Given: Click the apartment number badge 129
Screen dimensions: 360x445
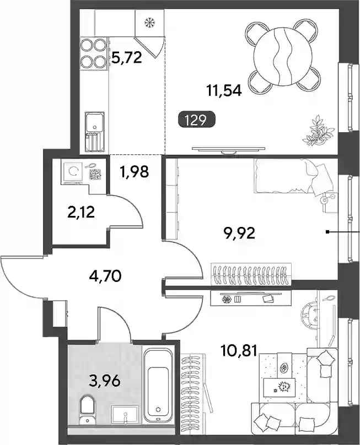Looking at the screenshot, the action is pos(197,119).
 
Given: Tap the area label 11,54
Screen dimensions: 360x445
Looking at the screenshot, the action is pos(224,91).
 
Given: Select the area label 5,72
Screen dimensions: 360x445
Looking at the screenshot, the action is pos(126,58).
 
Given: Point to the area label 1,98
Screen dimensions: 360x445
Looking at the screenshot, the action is pos(134,172).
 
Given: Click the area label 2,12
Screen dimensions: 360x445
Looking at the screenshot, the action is pos(81,212).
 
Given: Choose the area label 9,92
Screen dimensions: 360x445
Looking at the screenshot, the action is pos(239,234).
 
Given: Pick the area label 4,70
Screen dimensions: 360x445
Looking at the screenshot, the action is pos(105,276).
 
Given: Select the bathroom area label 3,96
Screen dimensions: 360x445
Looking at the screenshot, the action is pos(105,381).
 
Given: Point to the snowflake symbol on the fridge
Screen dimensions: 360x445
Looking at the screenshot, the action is pos(148,22).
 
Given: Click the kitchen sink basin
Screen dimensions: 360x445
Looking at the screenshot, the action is pos(95,123).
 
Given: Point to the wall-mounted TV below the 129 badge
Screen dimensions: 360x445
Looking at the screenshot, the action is pos(228,149).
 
